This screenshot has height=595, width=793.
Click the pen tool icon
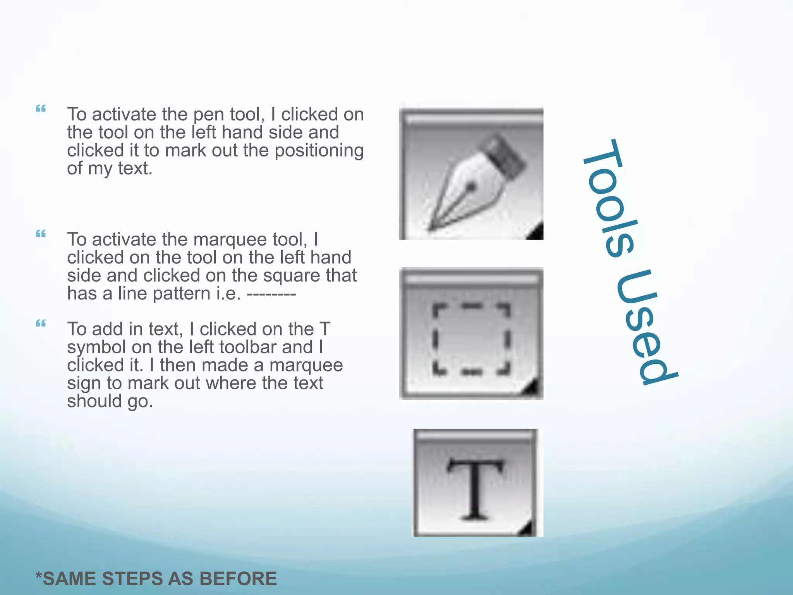tap(471, 174)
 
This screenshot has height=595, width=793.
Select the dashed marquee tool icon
tap(471, 334)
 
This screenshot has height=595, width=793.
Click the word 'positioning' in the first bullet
tap(319, 150)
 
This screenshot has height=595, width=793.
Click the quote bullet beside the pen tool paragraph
tap(41, 109)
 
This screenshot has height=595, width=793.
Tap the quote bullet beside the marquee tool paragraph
tap(41, 234)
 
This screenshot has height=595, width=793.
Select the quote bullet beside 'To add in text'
tap(41, 323)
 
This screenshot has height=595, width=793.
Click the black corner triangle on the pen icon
tap(537, 233)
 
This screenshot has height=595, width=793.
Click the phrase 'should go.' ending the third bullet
tap(110, 401)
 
